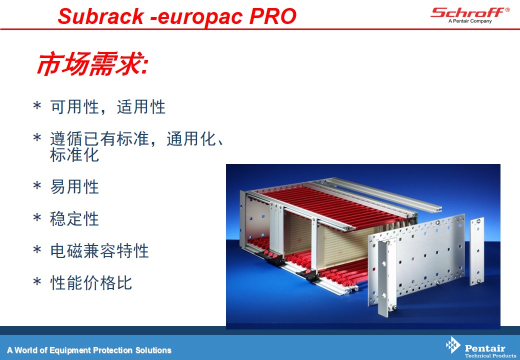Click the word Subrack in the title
[x=101, y=16]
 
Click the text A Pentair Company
[x=470, y=21]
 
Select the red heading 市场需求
[x=92, y=63]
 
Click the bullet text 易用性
[x=74, y=186]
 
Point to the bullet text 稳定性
[x=74, y=219]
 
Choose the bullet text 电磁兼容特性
[x=99, y=250]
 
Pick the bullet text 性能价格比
[x=91, y=283]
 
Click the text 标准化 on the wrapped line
[x=74, y=155]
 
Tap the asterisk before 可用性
[x=37, y=106]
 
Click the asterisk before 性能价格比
[x=37, y=282]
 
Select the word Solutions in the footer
[x=153, y=350]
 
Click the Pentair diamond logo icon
[x=452, y=345]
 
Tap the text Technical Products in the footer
[x=490, y=355]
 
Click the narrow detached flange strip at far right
[x=477, y=251]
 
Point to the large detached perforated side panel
[x=418, y=258]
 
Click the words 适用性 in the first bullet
[x=141, y=106]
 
